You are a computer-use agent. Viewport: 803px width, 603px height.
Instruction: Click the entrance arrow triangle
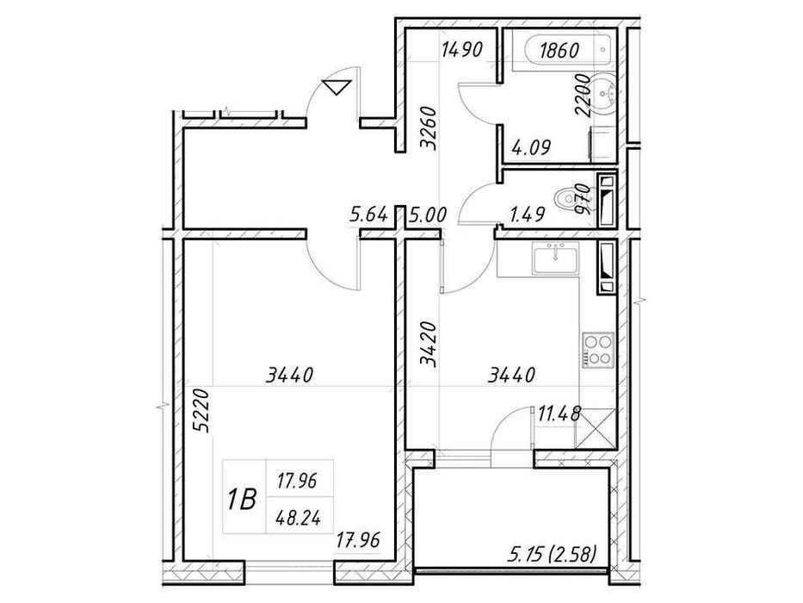pos(336,87)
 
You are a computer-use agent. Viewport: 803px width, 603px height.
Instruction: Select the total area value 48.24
pos(298,519)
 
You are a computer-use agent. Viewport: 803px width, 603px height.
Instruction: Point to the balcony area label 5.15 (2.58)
pos(553,554)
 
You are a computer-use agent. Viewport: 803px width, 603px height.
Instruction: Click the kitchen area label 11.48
pos(559,413)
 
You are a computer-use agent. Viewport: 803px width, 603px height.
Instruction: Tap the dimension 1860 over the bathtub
pos(559,50)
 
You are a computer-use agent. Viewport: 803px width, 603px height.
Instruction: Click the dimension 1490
pos(462,50)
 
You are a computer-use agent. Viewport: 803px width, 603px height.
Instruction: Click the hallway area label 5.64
pos(368,214)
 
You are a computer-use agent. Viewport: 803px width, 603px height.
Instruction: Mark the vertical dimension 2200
pos(584,96)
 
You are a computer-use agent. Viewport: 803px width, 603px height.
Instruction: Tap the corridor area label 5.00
pos(428,214)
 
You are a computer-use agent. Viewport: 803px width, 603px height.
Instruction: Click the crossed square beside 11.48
pos(595,428)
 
